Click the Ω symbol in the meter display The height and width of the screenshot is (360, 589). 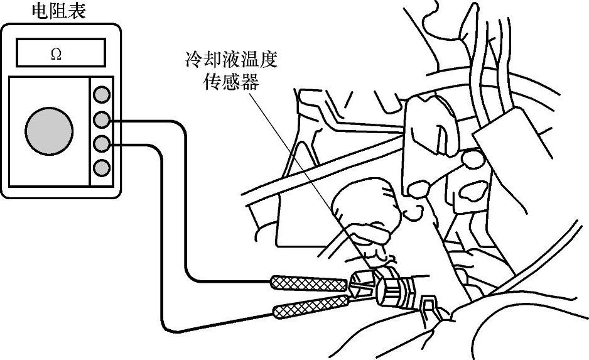point(56,54)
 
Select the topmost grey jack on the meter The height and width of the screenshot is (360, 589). point(101,95)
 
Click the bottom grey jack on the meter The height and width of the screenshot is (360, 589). point(101,168)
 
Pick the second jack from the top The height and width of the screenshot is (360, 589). point(101,119)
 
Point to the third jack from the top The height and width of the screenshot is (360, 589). point(101,144)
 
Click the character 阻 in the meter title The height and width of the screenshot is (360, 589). point(58,11)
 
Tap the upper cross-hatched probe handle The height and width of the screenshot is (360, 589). point(308,282)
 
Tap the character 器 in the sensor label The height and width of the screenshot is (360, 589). point(251,82)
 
